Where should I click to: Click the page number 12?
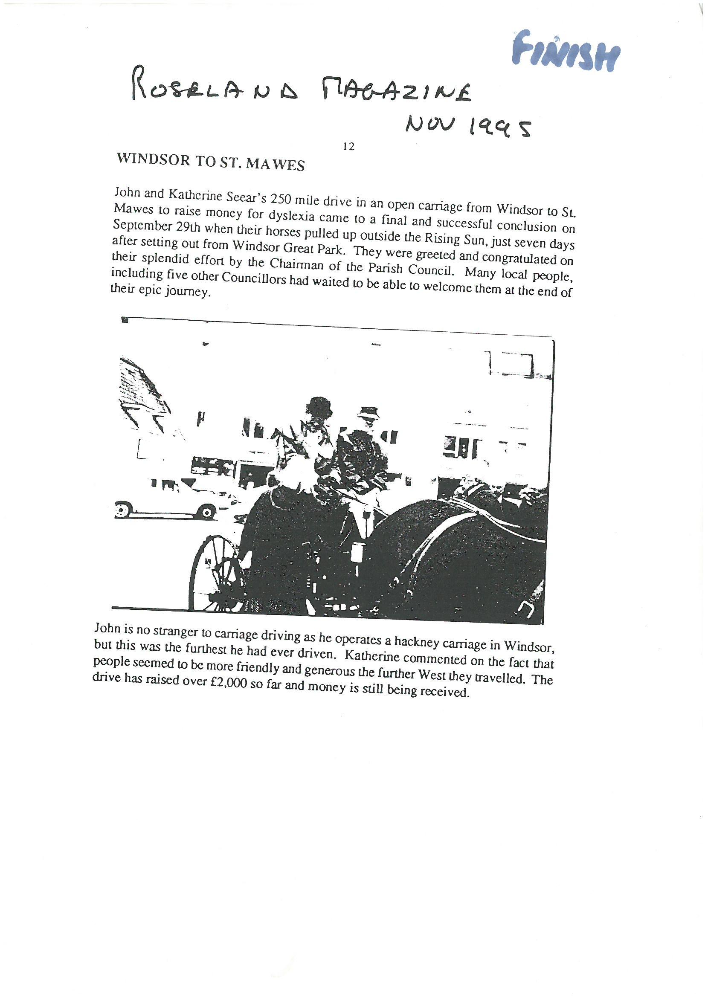(349, 147)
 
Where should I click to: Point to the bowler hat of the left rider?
(319, 406)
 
